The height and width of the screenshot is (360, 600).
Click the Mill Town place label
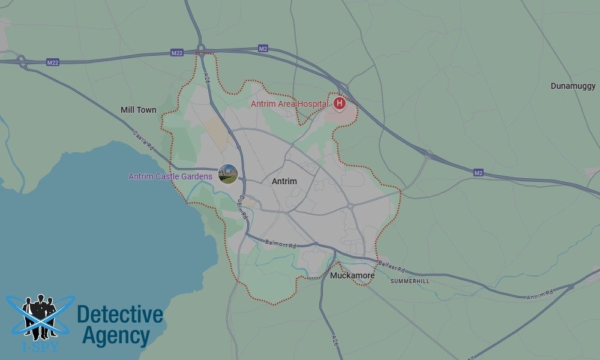[138, 110]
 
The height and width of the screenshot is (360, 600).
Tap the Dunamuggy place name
[574, 86]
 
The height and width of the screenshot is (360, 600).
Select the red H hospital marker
[340, 103]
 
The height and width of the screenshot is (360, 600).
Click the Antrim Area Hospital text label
[289, 104]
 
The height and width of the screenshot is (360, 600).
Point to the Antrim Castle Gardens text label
[170, 176]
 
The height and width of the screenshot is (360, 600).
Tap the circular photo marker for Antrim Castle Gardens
[228, 174]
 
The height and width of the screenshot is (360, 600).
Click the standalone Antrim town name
[284, 181]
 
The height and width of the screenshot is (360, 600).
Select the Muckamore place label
[352, 275]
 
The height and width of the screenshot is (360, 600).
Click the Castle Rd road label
[143, 141]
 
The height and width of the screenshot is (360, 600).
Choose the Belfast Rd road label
[392, 266]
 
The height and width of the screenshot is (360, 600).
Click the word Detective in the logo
[120, 314]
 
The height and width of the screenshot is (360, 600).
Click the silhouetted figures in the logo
[39, 315]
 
